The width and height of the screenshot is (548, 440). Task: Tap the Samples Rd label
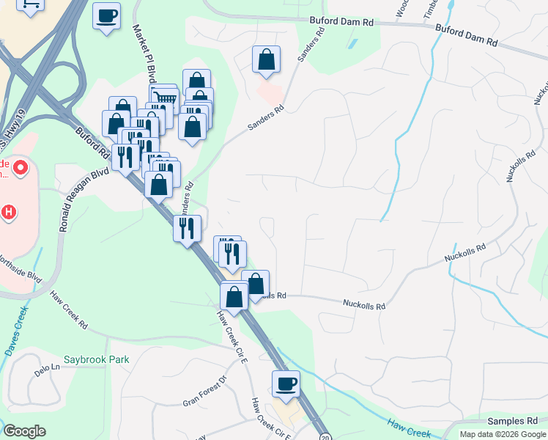coord(512,421)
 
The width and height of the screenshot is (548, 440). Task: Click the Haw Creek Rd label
coord(69,311)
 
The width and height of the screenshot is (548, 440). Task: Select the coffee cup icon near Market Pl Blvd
coord(106,15)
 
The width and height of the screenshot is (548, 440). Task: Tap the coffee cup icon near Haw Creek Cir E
coord(286,384)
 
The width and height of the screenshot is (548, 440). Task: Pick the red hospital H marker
coord(9,213)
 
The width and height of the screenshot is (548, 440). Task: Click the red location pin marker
coord(20,168)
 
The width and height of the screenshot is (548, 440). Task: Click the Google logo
coord(24,431)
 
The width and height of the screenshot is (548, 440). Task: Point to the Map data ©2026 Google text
coord(503,434)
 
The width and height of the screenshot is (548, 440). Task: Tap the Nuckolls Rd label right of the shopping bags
coord(365,302)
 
